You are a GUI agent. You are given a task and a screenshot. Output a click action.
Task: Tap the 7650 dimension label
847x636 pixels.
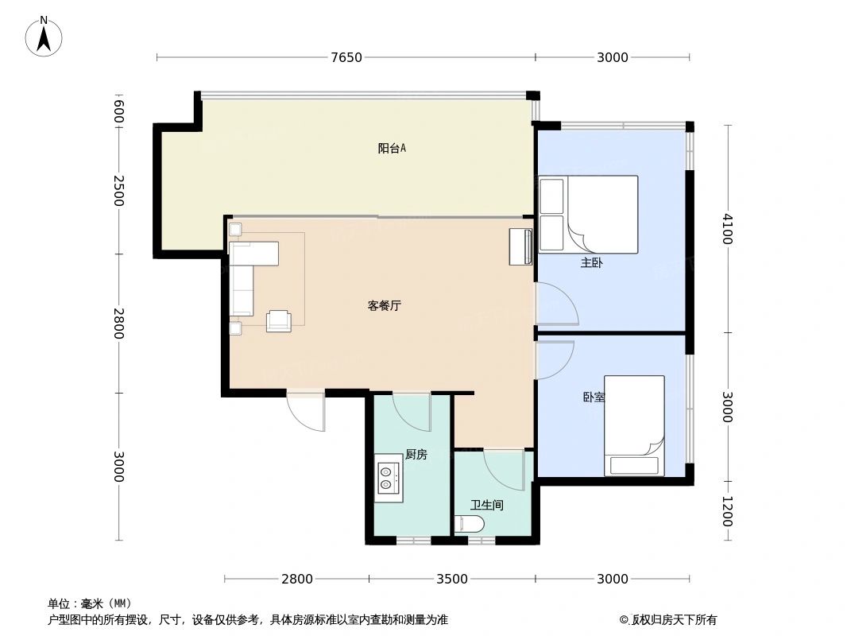point(346,57)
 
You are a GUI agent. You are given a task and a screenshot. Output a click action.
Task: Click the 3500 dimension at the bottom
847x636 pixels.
point(452,579)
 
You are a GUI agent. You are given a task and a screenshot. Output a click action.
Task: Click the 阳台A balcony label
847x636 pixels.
point(392,148)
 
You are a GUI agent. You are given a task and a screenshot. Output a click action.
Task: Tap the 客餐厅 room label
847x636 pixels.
point(384,305)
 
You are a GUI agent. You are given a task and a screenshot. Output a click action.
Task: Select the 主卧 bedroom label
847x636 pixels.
point(591,263)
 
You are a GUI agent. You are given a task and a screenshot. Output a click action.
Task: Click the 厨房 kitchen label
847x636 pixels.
point(416,455)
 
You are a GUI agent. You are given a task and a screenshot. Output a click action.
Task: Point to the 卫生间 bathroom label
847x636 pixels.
point(486,505)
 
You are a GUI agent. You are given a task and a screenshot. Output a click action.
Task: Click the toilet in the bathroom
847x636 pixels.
point(469,524)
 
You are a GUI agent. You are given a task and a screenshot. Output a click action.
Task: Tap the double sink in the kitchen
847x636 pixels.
point(389,476)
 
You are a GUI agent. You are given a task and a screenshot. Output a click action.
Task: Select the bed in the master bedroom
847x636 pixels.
point(589,214)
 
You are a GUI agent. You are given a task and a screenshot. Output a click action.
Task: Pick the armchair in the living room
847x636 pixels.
point(279,320)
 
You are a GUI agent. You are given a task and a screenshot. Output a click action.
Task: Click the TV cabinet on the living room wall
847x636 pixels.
point(521,246)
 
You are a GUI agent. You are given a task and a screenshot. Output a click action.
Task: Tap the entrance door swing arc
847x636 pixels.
point(306,410)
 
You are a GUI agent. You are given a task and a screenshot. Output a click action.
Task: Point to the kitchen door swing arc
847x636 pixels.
point(411,410)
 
